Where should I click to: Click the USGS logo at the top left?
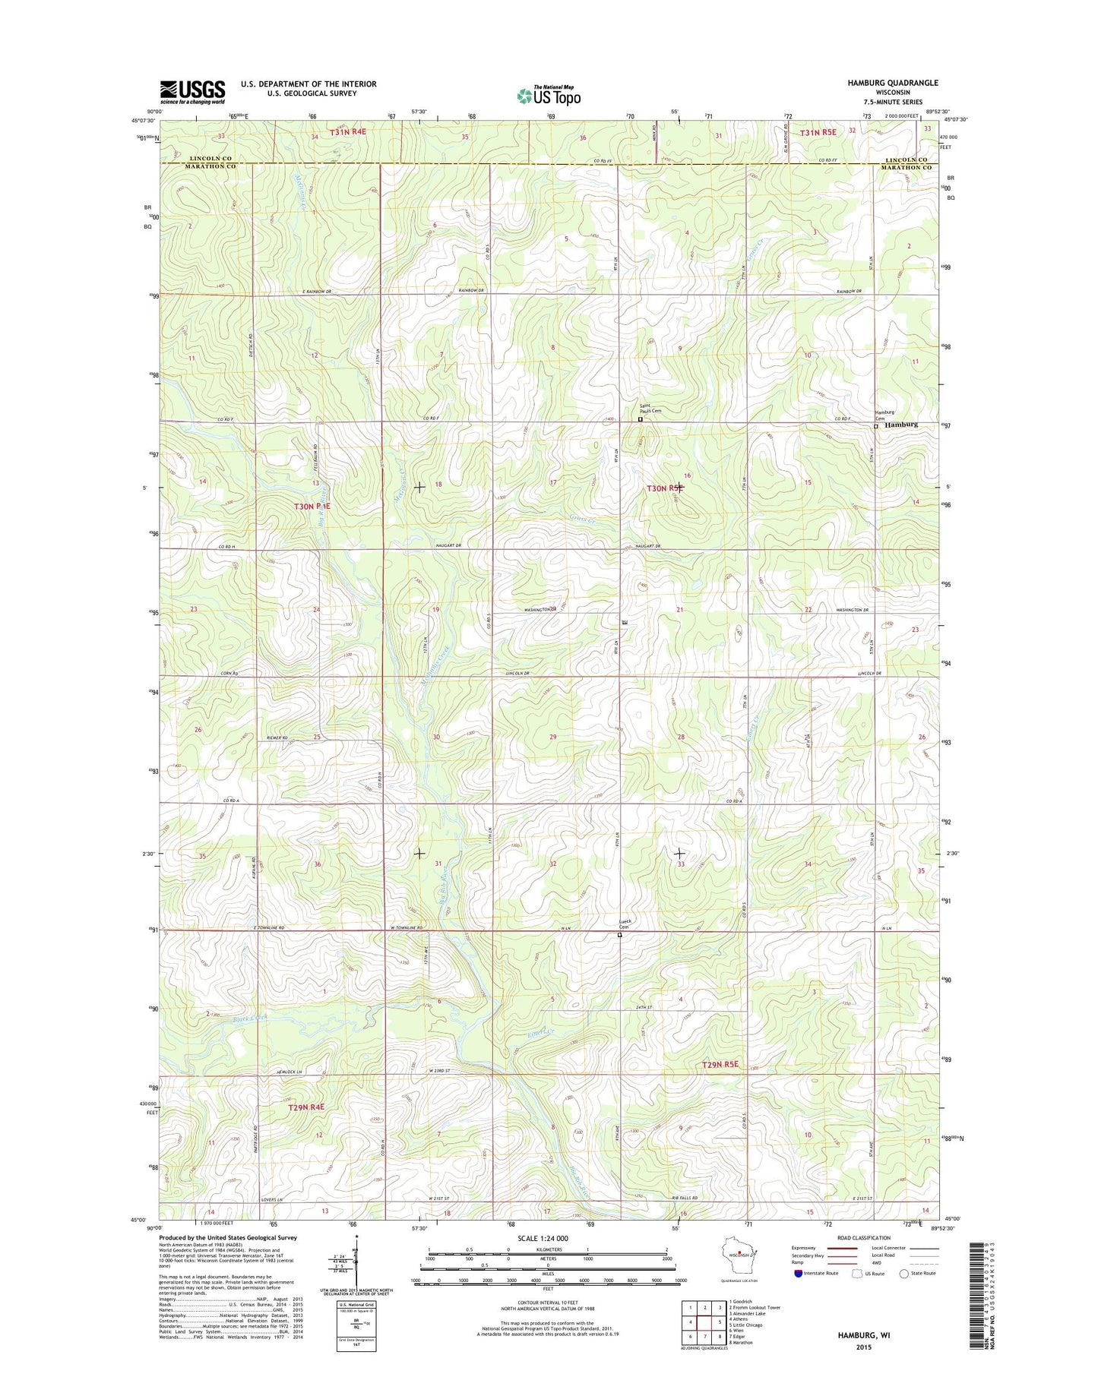192,91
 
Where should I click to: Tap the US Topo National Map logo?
549,95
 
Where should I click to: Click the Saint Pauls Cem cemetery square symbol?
640,419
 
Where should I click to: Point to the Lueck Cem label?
625,924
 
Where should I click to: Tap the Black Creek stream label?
251,1018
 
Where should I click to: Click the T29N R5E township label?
720,1064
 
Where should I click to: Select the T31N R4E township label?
348,132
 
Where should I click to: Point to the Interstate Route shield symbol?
798,1273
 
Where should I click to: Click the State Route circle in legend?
904,1273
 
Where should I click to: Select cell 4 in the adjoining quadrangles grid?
691,1321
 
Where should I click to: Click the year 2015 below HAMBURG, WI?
863,1347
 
